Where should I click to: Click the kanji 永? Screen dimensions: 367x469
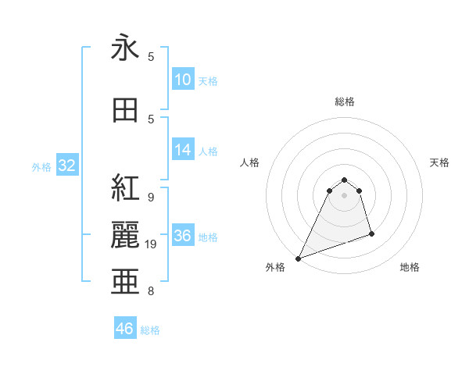coord(125,48)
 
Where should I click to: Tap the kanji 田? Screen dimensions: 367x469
coord(125,110)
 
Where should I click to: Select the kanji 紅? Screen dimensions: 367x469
coord(125,188)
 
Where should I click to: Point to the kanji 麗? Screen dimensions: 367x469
coord(125,234)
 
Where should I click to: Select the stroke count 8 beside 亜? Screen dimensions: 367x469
coord(151,291)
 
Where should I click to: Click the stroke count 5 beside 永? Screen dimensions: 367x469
coord(151,57)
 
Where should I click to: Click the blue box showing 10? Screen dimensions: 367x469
coord(182,79)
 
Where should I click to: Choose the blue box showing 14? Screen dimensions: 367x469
coord(182,150)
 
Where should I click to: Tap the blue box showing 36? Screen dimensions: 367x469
coord(182,236)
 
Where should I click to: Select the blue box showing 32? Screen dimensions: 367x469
coord(66,166)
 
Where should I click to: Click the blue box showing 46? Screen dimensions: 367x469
coord(125,329)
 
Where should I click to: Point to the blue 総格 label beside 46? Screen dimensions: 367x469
coord(150,330)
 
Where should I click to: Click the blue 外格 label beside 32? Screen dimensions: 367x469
coord(41,166)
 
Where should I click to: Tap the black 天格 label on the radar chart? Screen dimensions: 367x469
coord(439,162)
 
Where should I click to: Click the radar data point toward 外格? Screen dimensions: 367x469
coord(299,258)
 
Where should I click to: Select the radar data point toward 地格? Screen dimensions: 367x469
coord(371,233)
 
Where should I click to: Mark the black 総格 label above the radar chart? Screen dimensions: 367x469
coord(345,102)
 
